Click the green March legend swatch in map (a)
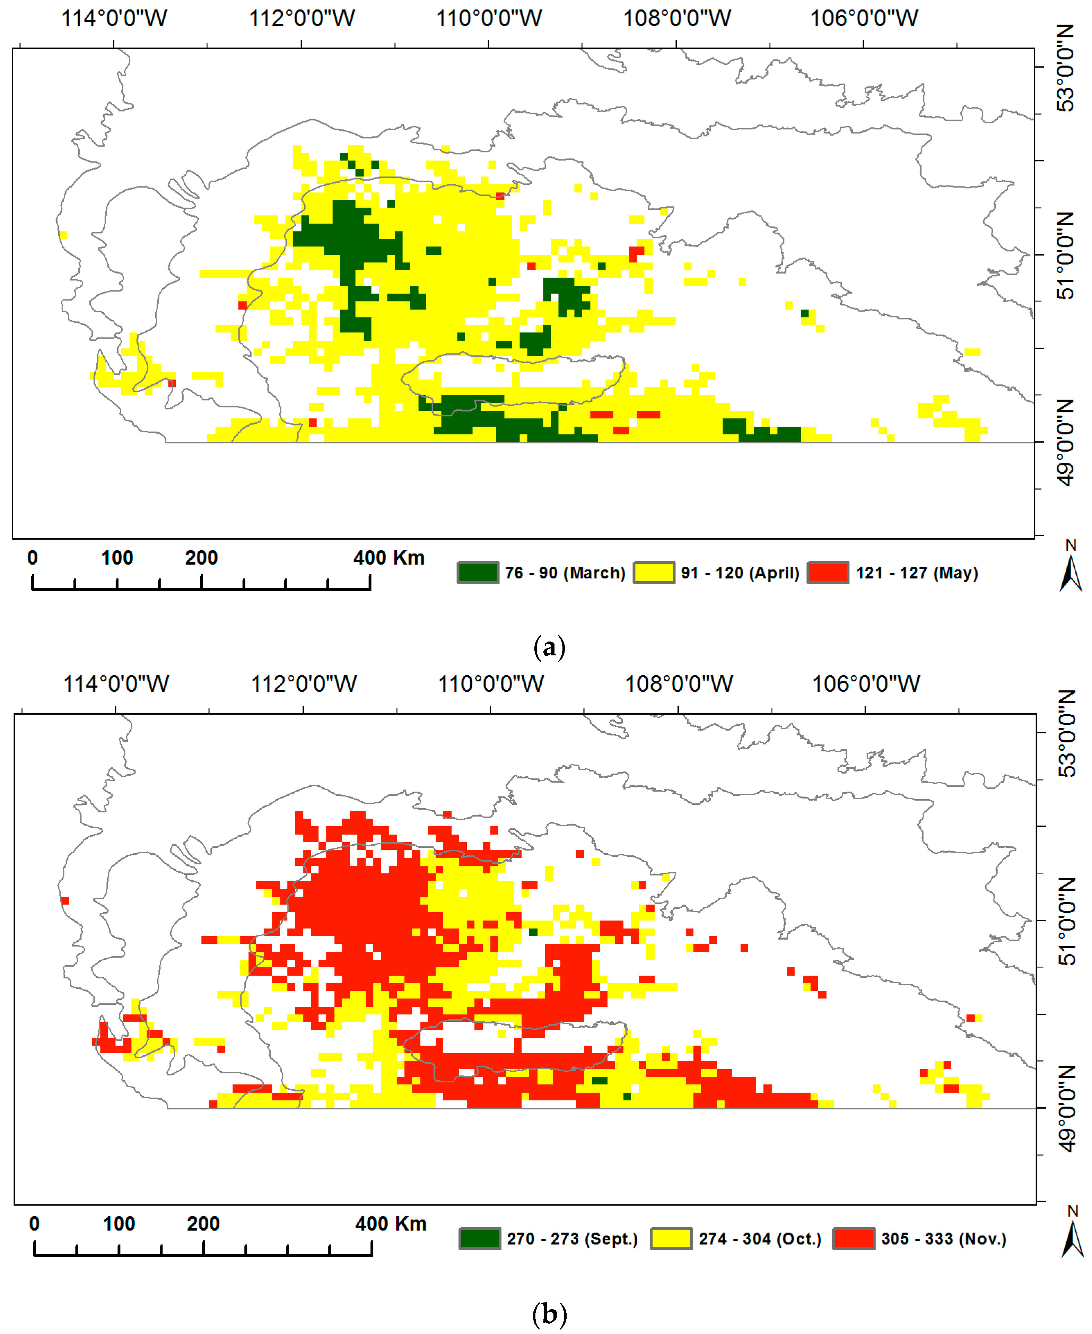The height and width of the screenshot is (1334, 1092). tap(478, 572)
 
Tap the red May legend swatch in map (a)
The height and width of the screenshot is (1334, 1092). tap(828, 572)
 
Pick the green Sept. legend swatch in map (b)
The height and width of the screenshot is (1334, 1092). tap(480, 1238)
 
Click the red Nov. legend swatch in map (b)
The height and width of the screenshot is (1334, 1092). tap(854, 1238)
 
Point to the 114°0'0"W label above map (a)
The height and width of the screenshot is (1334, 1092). tap(114, 19)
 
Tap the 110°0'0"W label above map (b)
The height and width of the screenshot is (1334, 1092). tap(491, 684)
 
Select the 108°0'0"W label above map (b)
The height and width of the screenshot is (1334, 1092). tap(679, 684)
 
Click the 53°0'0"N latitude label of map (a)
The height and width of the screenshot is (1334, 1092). tap(1065, 68)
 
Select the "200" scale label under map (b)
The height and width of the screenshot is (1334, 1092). tap(203, 1224)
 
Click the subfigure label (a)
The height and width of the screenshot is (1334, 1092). tap(549, 647)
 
